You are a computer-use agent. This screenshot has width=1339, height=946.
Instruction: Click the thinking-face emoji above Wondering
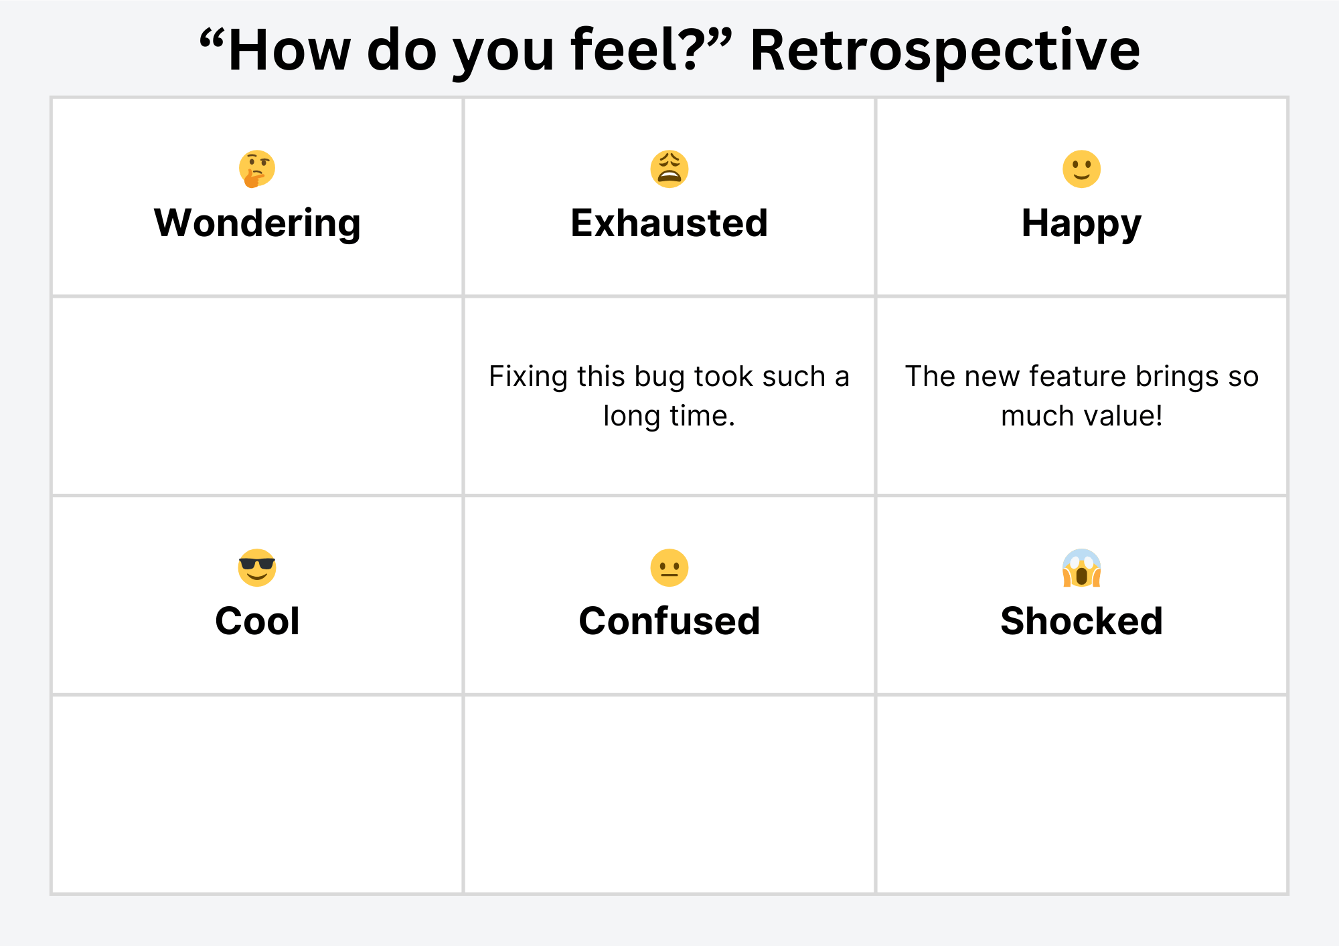(257, 169)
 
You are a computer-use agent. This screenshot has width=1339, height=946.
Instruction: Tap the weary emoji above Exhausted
(669, 169)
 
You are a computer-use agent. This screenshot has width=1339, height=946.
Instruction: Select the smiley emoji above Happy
(1082, 169)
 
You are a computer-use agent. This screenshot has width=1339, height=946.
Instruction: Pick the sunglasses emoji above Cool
(257, 568)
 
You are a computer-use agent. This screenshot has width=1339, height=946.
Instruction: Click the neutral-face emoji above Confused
(669, 568)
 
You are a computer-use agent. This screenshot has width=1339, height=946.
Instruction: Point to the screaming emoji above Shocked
(1082, 568)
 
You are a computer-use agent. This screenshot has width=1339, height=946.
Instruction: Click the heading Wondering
(258, 224)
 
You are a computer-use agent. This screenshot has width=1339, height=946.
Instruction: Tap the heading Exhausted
(669, 223)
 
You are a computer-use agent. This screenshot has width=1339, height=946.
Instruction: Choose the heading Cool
(257, 621)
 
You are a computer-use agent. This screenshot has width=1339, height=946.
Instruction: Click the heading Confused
(669, 621)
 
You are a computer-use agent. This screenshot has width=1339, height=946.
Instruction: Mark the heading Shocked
(1082, 621)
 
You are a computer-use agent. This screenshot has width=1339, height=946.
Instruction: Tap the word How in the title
(289, 50)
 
